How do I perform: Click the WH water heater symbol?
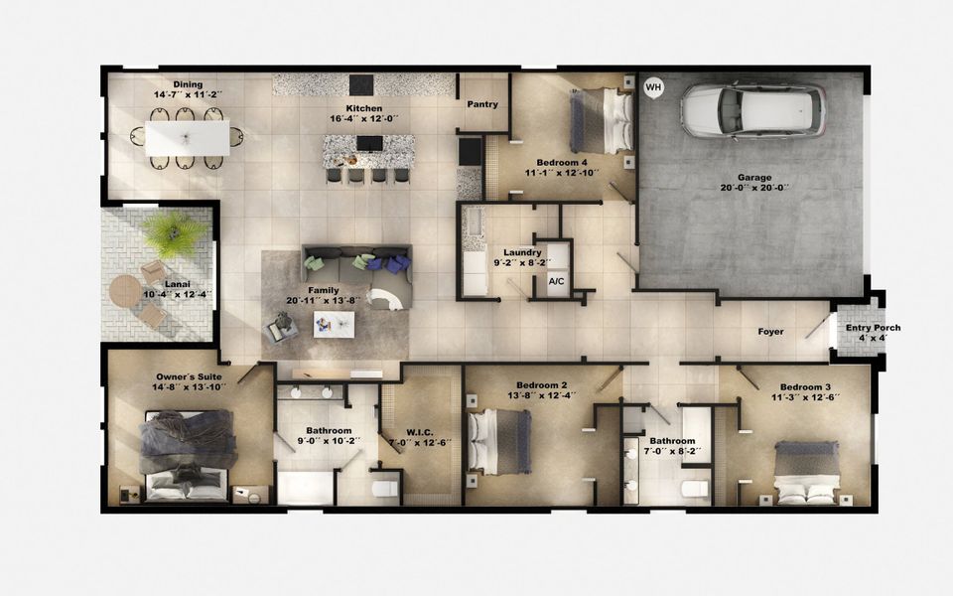[652, 87]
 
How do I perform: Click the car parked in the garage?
[753, 108]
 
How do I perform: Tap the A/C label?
[557, 281]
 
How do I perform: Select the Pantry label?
[482, 104]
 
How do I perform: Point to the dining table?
[187, 137]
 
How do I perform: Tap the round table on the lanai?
[125, 290]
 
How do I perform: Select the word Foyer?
[770, 332]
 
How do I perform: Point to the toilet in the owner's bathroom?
[385, 487]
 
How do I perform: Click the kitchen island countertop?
[368, 152]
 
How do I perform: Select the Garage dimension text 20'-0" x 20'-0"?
[753, 188]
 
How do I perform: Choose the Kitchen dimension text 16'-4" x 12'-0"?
[364, 120]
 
